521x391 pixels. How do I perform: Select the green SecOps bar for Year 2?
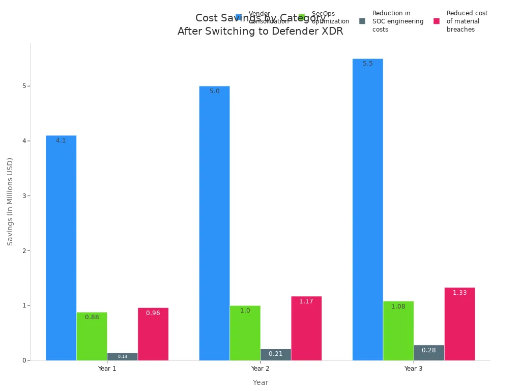point(245,333)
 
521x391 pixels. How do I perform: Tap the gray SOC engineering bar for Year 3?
point(429,353)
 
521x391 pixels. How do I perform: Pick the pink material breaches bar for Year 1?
point(153,334)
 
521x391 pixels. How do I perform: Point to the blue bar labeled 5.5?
point(367,209)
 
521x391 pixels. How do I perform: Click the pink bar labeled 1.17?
point(306,328)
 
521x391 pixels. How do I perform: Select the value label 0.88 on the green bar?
point(92,317)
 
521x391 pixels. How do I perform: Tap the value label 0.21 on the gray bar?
point(276,354)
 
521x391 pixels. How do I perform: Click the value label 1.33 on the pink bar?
point(459,293)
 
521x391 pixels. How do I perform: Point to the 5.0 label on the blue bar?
point(215,91)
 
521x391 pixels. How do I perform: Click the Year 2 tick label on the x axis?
point(260,368)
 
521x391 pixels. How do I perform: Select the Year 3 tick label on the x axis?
point(413,368)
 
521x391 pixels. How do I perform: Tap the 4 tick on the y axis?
point(24,141)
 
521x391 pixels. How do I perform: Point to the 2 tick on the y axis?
point(24,250)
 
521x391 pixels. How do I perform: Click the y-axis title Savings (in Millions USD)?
point(10,202)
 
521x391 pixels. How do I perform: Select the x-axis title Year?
point(260,382)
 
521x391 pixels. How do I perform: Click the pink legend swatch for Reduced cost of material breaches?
point(437,21)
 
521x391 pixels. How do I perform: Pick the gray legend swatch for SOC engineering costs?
point(362,21)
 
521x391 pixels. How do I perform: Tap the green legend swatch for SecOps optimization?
point(302,17)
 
